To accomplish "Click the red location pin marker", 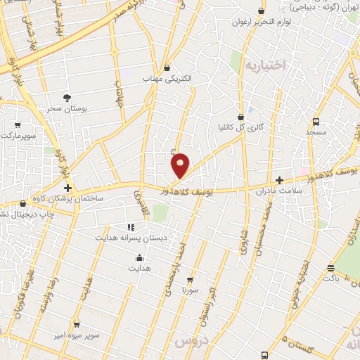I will pos(180,165).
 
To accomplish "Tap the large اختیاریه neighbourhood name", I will pos(266,66).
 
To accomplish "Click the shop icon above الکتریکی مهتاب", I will pos(167,68).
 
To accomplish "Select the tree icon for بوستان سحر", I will pos(67,98).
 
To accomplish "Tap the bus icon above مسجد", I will pos(316,121).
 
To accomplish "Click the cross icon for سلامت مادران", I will pos(279,180).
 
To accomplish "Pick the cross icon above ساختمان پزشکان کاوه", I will pos(67,188).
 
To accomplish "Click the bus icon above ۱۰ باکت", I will pos(330,267).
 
